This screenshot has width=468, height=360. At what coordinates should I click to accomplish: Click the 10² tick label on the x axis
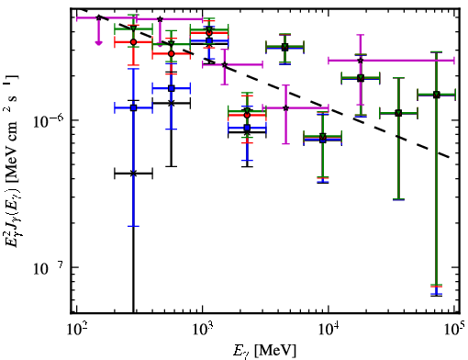pyautogui.click(x=76, y=330)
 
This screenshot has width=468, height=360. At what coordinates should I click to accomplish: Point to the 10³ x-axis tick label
pyautogui.click(x=203, y=330)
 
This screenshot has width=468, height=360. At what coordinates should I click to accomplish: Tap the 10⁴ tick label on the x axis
pyautogui.click(x=329, y=330)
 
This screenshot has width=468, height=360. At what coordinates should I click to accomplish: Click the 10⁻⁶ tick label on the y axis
pyautogui.click(x=49, y=121)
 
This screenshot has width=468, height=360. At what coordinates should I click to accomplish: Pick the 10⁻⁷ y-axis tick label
pyautogui.click(x=49, y=268)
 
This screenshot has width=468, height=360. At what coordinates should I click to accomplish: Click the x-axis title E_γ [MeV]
pyautogui.click(x=264, y=351)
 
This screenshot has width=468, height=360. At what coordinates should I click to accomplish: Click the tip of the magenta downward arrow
pyautogui.click(x=98, y=45)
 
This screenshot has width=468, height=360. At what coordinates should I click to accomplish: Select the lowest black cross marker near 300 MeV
pyautogui.click(x=133, y=174)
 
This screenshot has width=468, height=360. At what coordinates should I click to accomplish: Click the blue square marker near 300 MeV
pyautogui.click(x=133, y=107)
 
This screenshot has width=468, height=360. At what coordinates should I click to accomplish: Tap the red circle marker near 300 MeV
pyautogui.click(x=133, y=42)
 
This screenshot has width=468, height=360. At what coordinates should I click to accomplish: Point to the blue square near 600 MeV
pyautogui.click(x=172, y=88)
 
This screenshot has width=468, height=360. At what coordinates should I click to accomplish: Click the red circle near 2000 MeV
pyautogui.click(x=247, y=115)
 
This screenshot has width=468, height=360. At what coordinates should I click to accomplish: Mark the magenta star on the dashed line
pyautogui.click(x=225, y=64)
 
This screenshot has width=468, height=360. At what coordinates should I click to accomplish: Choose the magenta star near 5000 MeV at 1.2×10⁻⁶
pyautogui.click(x=285, y=107)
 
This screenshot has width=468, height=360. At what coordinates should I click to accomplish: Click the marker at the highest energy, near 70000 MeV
pyautogui.click(x=436, y=95)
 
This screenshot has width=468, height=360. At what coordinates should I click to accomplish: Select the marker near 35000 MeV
pyautogui.click(x=398, y=113)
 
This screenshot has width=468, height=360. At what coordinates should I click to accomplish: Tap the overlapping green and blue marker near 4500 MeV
pyautogui.click(x=284, y=47)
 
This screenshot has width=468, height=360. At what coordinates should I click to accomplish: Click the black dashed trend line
pyautogui.click(x=266, y=84)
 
